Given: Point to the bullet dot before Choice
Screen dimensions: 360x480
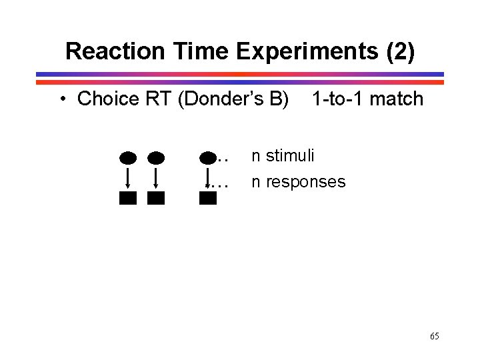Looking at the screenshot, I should pyautogui.click(x=61, y=99).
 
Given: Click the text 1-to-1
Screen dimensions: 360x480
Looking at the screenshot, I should pyautogui.click(x=338, y=99).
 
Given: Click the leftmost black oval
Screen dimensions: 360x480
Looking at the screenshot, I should pyautogui.click(x=128, y=158).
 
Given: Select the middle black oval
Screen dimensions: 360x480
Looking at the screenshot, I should pyautogui.click(x=156, y=158).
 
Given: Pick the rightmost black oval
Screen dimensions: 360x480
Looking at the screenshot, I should pyautogui.click(x=208, y=158).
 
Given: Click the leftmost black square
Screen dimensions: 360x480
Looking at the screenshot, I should pyautogui.click(x=128, y=198).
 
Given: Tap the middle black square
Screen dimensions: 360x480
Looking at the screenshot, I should pyautogui.click(x=156, y=198).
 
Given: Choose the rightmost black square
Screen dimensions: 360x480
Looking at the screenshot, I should pyautogui.click(x=208, y=198).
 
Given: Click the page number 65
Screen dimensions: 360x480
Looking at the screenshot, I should pyautogui.click(x=434, y=336).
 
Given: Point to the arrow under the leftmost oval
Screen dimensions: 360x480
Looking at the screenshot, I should pyautogui.click(x=128, y=178).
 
